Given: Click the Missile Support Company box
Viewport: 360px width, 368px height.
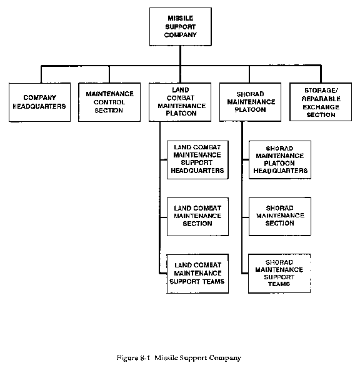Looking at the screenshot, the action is (181, 26).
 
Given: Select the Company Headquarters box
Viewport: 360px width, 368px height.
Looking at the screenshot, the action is (39, 102).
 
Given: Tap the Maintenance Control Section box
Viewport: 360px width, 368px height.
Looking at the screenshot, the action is (109, 102).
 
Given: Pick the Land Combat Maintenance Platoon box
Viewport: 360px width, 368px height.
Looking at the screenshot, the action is (180, 102).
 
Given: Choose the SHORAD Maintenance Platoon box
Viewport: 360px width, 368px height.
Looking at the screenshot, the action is (250, 102).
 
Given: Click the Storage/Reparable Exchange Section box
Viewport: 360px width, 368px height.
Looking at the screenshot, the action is (321, 102).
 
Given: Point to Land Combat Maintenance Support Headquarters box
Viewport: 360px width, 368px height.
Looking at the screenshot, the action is (197, 160).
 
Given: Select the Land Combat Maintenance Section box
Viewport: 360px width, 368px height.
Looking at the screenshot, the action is (197, 217).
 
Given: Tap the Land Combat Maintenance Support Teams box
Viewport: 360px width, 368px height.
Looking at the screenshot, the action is (197, 274).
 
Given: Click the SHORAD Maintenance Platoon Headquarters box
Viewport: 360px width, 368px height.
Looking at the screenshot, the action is (280, 160).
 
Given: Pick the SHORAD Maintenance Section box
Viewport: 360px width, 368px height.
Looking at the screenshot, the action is (280, 216).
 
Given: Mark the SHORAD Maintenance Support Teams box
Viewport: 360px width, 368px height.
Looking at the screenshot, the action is (279, 274).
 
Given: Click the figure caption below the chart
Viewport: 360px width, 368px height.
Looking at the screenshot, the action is (179, 357).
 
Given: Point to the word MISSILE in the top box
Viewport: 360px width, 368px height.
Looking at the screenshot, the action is (181, 18).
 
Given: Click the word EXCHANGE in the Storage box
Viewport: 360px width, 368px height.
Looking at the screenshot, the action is (321, 107).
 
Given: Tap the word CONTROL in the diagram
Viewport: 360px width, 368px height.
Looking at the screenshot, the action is (109, 102).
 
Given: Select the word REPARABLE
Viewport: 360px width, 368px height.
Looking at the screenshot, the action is (321, 99).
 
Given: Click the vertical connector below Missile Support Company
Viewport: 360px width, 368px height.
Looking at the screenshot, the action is (181, 56).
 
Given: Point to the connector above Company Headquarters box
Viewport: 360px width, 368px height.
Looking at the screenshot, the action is (41, 74).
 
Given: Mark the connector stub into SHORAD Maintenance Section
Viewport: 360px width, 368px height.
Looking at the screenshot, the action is (246, 217).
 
